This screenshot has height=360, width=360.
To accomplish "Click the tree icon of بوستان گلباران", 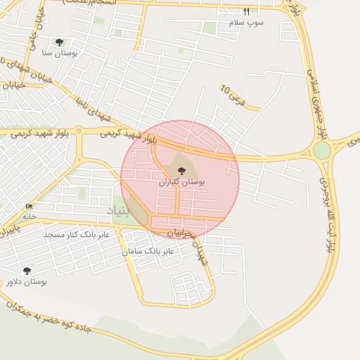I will (x=181, y=171).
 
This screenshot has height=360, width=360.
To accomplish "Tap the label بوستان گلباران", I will (x=182, y=182).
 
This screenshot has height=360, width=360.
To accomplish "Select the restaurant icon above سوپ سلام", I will (x=246, y=11).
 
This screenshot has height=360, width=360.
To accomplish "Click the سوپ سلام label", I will (x=246, y=22).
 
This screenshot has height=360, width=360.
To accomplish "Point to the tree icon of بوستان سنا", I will (x=59, y=42).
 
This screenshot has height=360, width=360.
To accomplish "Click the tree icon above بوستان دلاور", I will (x=27, y=271).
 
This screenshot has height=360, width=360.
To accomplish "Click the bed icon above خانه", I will (x=29, y=206).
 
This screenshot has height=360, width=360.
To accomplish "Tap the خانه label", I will (x=29, y=217).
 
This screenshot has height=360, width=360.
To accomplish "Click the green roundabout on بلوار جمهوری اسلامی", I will (x=322, y=150).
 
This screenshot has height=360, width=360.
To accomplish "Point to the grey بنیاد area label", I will (x=119, y=210).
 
